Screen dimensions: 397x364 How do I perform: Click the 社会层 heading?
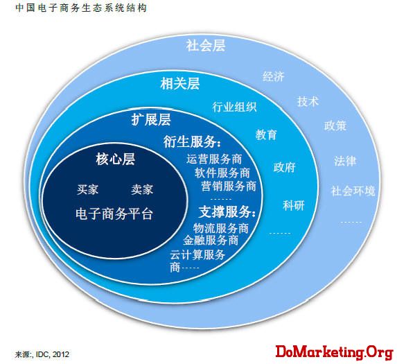pyautogui.click(x=206, y=46)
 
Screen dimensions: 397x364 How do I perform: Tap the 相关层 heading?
pyautogui.click(x=180, y=84)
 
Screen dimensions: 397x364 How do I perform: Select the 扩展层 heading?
pyautogui.click(x=151, y=119)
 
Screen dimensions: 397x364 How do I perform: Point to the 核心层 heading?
pyautogui.click(x=116, y=159)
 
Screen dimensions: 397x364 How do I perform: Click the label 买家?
pyautogui.click(x=87, y=189)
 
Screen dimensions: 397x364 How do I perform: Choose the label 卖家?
pyautogui.click(x=142, y=189)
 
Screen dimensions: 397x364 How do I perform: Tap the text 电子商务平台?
pyautogui.click(x=114, y=214)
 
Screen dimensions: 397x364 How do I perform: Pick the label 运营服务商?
pyautogui.click(x=214, y=159)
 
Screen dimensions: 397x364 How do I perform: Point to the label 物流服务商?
pyautogui.click(x=221, y=229)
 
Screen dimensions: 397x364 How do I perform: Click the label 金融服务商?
pyautogui.click(x=211, y=240)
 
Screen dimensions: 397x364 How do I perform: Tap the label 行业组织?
pyautogui.click(x=234, y=107)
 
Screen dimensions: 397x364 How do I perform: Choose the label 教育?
pyautogui.click(x=266, y=135)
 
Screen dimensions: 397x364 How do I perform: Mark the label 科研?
pyautogui.click(x=294, y=205)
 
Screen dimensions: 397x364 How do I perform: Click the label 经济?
pyautogui.click(x=274, y=76)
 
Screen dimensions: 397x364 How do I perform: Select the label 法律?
pyautogui.click(x=345, y=161)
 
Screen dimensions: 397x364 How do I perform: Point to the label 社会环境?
pyautogui.click(x=353, y=191)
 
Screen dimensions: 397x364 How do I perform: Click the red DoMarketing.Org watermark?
pyautogui.click(x=335, y=352)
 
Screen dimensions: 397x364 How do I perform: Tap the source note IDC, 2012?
pyautogui.click(x=53, y=354)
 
